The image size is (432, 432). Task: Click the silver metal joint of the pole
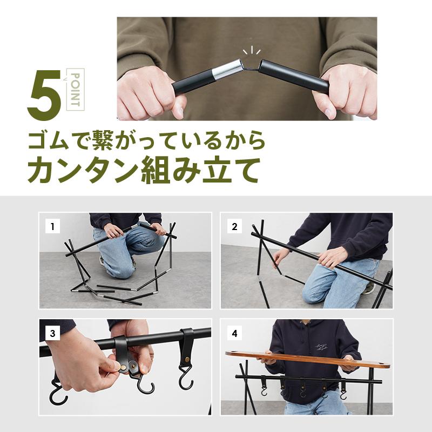point(226,70)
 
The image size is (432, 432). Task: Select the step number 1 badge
point(52,227)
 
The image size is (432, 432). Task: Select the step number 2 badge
point(234,227)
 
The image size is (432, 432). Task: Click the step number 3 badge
point(52,333)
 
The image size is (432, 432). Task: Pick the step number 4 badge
point(234,333)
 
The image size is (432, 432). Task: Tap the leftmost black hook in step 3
point(58,392)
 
